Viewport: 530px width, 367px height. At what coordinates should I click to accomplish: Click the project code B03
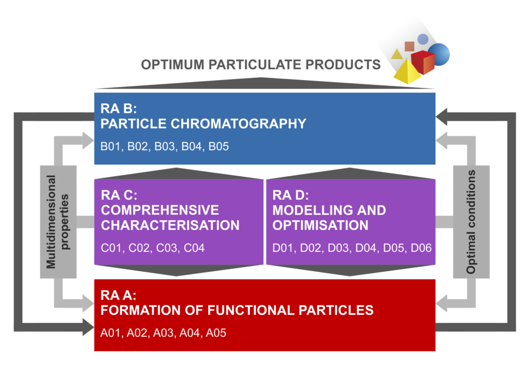(x=165, y=146)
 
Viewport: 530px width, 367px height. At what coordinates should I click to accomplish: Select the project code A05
(x=216, y=333)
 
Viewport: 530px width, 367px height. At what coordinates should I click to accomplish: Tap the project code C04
(x=194, y=248)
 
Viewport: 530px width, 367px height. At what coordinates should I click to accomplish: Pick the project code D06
(x=421, y=248)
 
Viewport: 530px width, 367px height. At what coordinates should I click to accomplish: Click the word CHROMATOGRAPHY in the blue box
(x=239, y=124)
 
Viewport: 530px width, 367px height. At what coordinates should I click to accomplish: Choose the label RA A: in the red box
(x=119, y=296)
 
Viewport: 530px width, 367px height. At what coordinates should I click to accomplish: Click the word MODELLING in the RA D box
(x=312, y=210)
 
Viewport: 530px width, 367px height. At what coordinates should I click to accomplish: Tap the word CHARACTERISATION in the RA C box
(x=170, y=225)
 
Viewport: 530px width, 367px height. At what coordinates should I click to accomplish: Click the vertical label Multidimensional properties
(x=58, y=222)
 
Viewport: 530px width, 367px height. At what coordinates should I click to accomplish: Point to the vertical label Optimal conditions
(x=471, y=222)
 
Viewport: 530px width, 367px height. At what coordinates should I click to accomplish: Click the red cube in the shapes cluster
(x=423, y=62)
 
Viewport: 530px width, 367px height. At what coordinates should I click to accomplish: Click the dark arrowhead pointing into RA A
(x=88, y=327)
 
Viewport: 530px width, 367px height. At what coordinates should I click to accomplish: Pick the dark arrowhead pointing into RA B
(x=441, y=117)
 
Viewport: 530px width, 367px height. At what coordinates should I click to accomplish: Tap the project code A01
(x=111, y=333)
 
